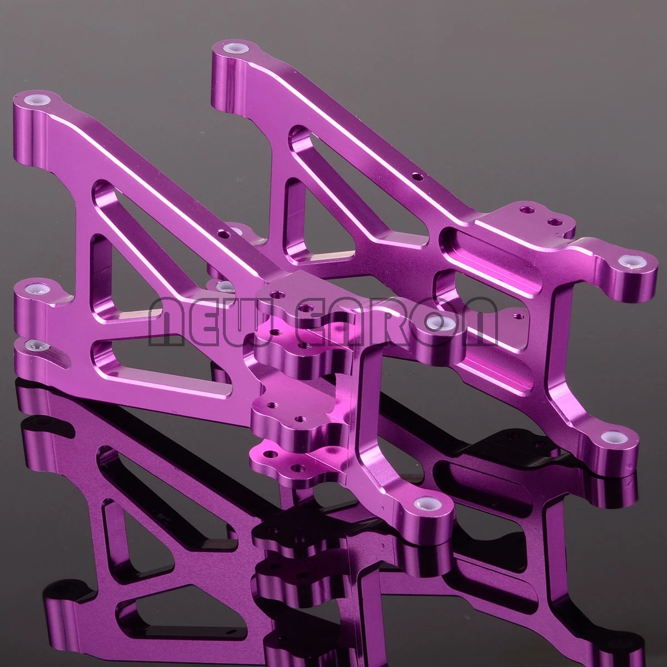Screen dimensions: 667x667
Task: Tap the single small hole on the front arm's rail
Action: click(222, 234)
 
